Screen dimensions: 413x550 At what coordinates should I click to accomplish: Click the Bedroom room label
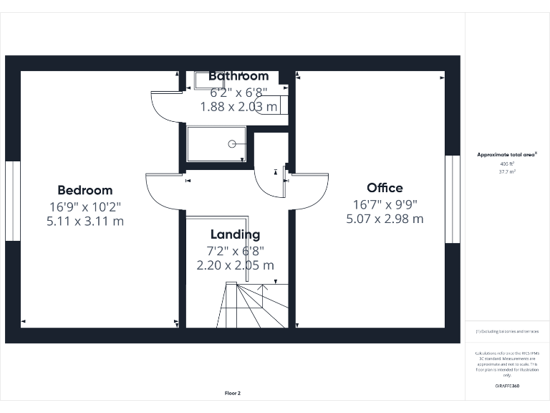pyautogui.click(x=85, y=190)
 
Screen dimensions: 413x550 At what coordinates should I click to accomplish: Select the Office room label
pyautogui.click(x=385, y=188)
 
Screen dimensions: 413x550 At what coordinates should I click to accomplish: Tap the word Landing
pyautogui.click(x=235, y=234)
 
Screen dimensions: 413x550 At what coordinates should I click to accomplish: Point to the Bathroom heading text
pyautogui.click(x=238, y=76)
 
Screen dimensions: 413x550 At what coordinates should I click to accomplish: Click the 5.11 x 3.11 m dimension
pyautogui.click(x=85, y=222)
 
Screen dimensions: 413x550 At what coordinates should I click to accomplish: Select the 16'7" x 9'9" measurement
pyautogui.click(x=385, y=204)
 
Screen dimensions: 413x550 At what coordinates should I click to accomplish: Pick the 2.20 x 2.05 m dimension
pyautogui.click(x=235, y=265)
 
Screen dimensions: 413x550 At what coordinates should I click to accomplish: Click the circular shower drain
pyautogui.click(x=231, y=144)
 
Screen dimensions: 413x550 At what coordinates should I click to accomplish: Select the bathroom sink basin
pyautogui.click(x=204, y=80)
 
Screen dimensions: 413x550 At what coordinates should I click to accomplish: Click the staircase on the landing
pyautogui.click(x=254, y=305)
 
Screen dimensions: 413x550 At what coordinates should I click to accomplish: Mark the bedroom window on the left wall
pyautogui.click(x=12, y=201)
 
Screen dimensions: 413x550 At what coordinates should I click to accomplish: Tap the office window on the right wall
pyautogui.click(x=452, y=199)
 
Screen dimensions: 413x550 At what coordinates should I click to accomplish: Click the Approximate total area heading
pyautogui.click(x=506, y=154)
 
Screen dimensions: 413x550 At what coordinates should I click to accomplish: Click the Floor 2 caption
pyautogui.click(x=233, y=393)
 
